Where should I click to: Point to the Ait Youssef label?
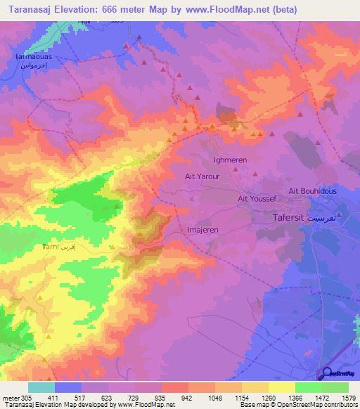coord(257,199)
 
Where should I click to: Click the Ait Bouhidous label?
coord(312,191)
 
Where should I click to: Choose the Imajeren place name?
coord(204,230)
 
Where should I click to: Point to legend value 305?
coord(27,398)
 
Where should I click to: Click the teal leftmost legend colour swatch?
coord(41,387)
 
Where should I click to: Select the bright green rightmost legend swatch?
coord(335,387)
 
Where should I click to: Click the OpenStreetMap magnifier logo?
coord(327,373)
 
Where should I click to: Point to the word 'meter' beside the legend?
coord(10,398)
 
